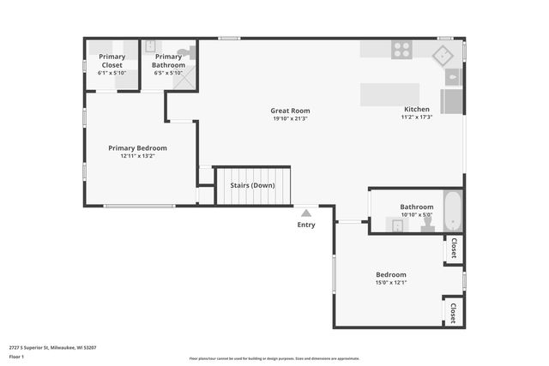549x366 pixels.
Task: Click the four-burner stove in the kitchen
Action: point(402,50)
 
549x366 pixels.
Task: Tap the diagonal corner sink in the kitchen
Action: point(443,57)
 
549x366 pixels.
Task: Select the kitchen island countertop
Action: point(389,94)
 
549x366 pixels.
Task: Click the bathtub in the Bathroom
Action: point(452,211)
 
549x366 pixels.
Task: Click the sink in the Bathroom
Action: point(397,225)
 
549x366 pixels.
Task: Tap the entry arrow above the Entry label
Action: point(305,209)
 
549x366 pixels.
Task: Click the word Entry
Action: point(306,225)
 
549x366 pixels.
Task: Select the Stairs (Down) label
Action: point(252,185)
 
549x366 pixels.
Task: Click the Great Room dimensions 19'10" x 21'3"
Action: point(290,119)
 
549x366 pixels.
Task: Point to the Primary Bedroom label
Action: point(137,147)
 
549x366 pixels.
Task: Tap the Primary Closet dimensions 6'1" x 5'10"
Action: point(112,73)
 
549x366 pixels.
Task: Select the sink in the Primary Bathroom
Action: point(149,46)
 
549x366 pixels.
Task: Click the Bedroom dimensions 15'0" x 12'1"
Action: point(390,283)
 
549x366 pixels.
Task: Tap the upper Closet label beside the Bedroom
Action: point(453,248)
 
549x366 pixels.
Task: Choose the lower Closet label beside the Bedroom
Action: point(453,310)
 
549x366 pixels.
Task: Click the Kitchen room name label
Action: point(417,110)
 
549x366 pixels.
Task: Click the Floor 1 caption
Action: point(16,357)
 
